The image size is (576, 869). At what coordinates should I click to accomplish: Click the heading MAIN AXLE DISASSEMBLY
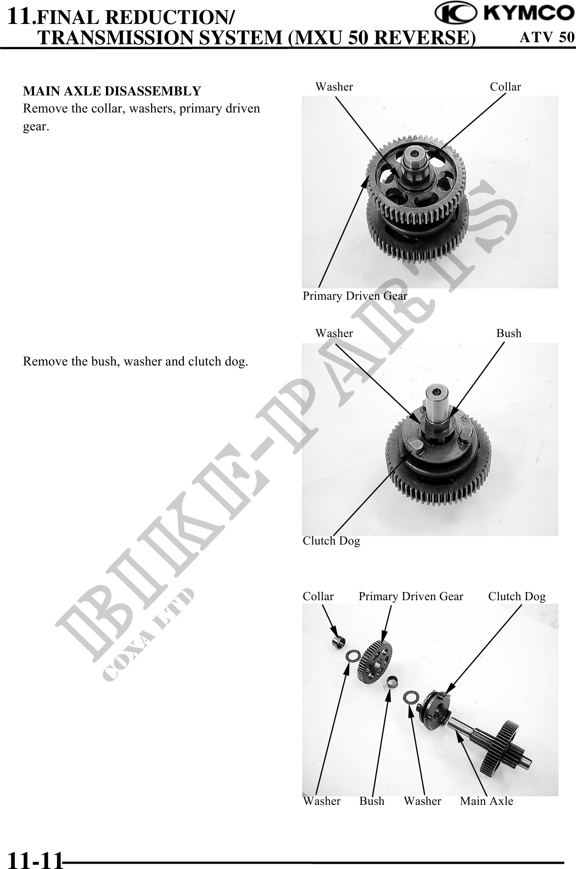click(112, 91)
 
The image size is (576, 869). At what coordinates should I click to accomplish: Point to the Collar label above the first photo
click(505, 86)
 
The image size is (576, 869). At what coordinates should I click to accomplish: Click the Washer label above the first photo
click(334, 86)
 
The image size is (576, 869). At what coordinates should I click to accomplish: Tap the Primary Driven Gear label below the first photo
click(355, 296)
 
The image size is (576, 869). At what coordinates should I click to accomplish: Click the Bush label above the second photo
click(509, 333)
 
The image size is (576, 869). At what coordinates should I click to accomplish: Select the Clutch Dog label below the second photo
click(331, 541)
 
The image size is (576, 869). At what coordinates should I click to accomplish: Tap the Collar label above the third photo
click(318, 596)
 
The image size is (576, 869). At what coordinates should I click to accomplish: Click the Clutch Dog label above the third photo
click(517, 597)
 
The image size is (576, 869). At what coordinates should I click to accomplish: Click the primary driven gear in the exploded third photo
click(375, 662)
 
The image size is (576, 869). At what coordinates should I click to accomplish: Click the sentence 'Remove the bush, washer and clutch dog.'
click(136, 361)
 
